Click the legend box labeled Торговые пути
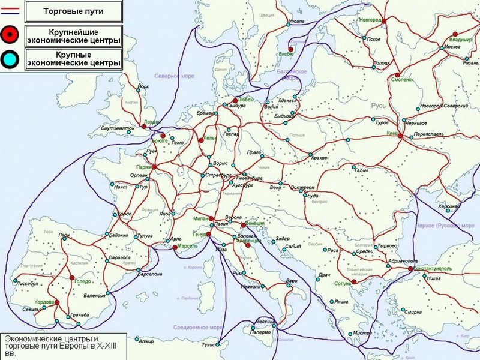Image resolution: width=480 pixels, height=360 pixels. click(x=73, y=11)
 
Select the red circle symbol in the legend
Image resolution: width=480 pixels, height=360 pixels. click(x=10, y=35)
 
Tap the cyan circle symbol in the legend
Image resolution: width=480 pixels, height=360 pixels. click(x=10, y=58)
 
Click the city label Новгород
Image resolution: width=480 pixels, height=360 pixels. click(x=370, y=20)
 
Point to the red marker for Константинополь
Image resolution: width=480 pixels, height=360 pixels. click(x=410, y=268)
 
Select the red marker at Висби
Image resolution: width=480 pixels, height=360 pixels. click(x=290, y=49)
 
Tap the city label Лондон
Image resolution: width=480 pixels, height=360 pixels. click(x=154, y=121)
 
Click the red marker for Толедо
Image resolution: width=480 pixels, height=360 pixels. click(x=71, y=278)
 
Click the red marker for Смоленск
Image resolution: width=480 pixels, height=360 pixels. click(x=397, y=75)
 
